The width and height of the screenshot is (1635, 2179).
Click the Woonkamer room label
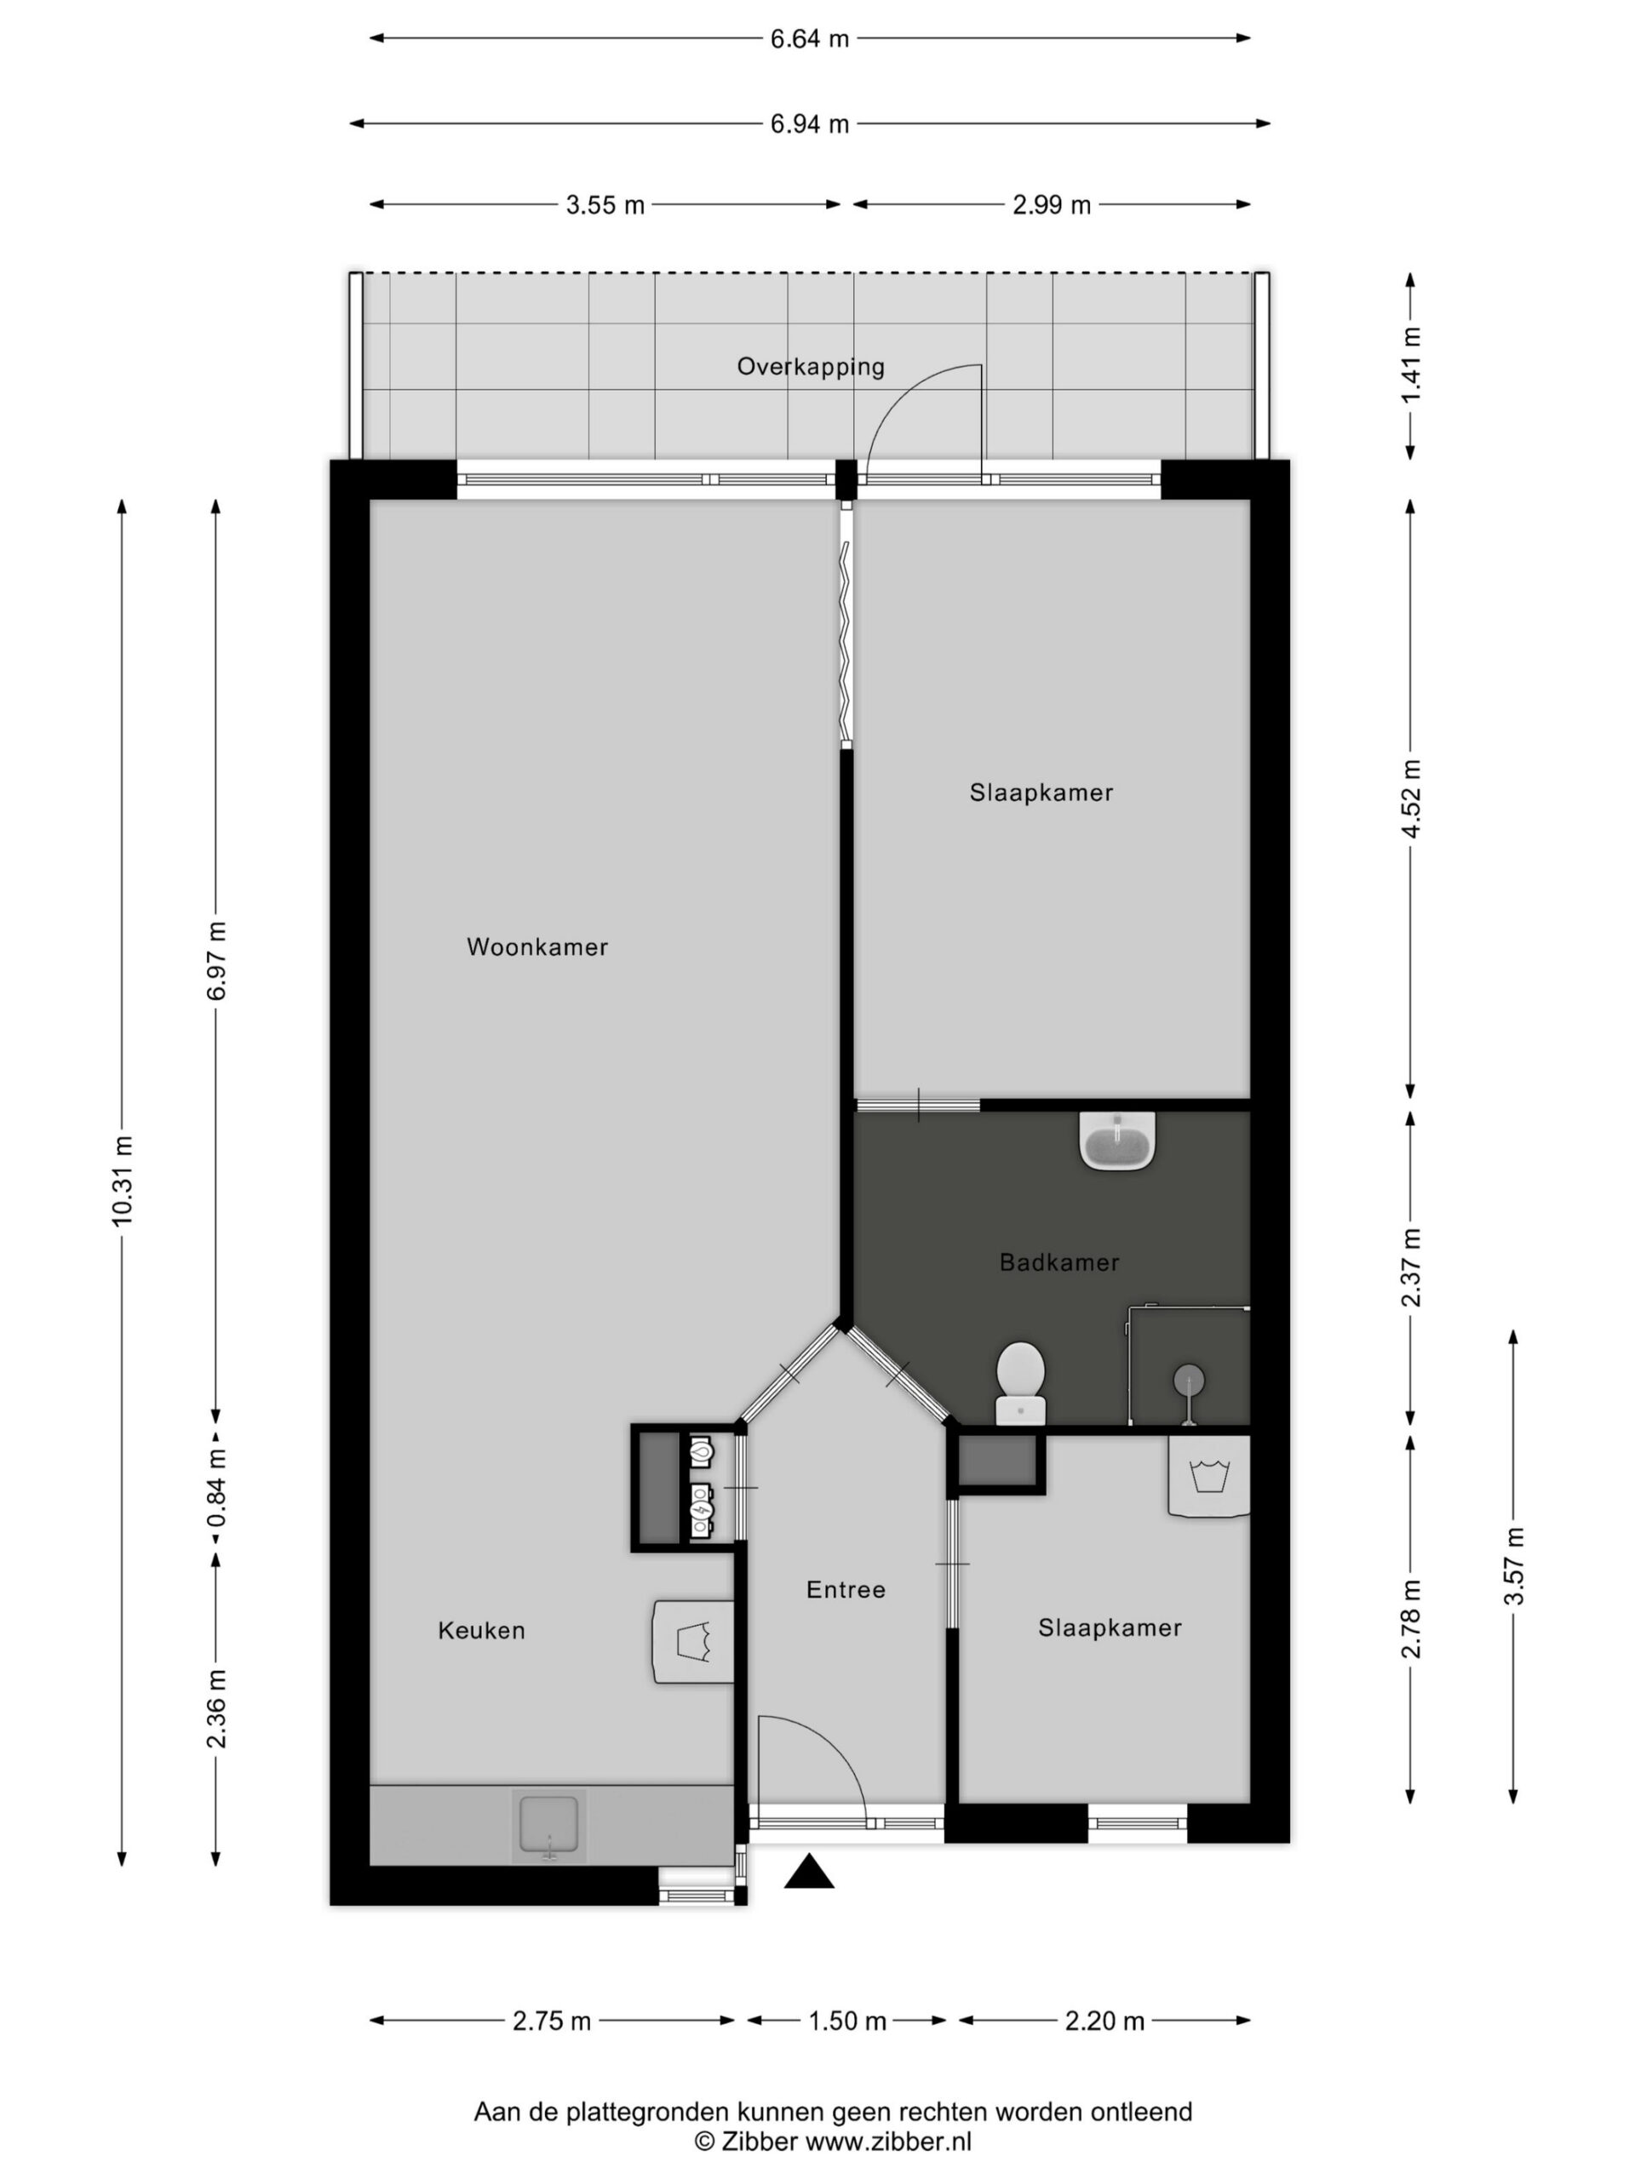[x=537, y=947]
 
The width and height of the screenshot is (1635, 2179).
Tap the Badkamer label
[x=1059, y=1262]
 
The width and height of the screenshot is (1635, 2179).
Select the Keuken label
[x=481, y=1630]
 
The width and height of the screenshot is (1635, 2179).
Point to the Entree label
[x=846, y=1589]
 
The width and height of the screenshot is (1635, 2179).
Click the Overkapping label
[x=811, y=367]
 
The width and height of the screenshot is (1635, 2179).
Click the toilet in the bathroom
[x=1020, y=1382]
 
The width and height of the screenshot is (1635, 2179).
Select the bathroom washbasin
[x=1116, y=1141]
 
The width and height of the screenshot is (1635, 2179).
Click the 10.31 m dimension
[x=123, y=1182]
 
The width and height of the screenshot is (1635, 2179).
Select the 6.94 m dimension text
[x=809, y=124]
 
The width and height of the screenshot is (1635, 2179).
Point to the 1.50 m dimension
[x=847, y=2022]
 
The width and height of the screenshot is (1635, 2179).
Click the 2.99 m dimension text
[x=1052, y=205]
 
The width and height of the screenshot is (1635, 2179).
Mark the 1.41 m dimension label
[x=1411, y=365]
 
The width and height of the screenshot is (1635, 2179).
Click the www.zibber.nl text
[x=889, y=2142]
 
